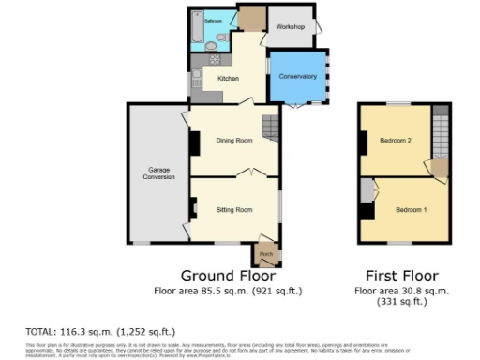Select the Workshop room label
(290, 27)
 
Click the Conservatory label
(298, 76)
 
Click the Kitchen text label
(228, 78)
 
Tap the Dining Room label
(234, 141)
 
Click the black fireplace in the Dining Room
(194, 142)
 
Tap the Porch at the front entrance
(265, 254)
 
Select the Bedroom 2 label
(396, 141)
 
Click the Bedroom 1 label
(411, 209)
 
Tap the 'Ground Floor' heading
(227, 277)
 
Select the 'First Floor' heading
(401, 277)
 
